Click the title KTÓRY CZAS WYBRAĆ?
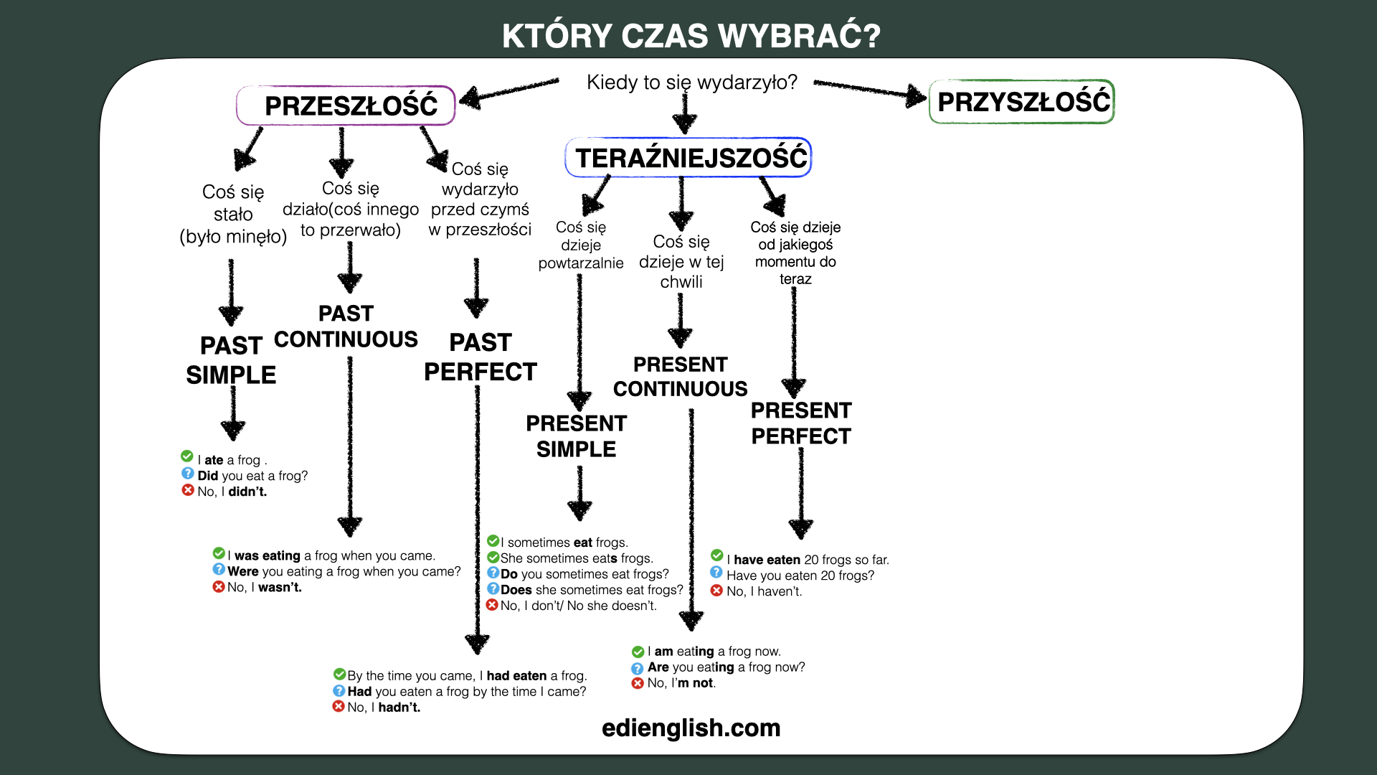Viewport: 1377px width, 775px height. [x=691, y=36]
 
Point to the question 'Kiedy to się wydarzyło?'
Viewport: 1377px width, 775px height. [x=692, y=83]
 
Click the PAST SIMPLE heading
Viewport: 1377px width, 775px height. [x=231, y=360]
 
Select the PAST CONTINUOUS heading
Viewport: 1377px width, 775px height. [x=346, y=327]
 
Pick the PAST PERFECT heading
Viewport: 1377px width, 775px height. [x=481, y=357]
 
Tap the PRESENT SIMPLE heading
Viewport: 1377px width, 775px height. [x=577, y=436]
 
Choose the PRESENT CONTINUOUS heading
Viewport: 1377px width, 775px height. [x=681, y=377]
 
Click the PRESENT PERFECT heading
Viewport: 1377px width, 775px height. [x=801, y=423]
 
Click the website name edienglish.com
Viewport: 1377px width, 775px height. [x=691, y=728]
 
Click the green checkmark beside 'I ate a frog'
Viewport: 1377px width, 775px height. [x=187, y=456]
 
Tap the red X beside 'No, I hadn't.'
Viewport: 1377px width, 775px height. [x=339, y=706]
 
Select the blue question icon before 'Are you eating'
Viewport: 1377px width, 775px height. [x=638, y=668]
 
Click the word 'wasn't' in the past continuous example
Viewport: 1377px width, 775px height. [x=280, y=588]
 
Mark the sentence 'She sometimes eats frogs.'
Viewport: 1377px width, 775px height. [x=577, y=558]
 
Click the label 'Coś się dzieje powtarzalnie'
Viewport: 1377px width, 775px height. [x=581, y=245]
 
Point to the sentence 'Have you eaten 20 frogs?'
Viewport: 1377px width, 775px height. [x=800, y=576]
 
